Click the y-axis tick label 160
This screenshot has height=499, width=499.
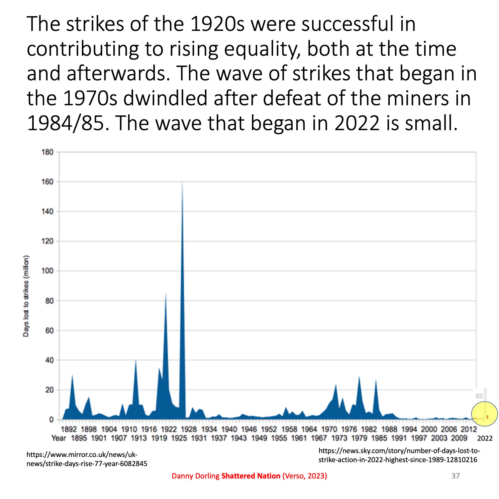point(47,182)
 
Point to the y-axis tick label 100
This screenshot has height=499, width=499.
point(47,271)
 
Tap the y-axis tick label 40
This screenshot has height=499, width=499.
point(49,360)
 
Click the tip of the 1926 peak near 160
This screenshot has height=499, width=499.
point(182,180)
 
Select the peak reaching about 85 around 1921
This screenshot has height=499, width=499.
point(166,293)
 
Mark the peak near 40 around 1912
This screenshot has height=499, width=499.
point(136,360)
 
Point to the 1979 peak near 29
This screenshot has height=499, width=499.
point(359,377)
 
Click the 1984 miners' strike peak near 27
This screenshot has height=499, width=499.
point(376,380)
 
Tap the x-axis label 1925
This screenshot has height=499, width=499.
point(179,438)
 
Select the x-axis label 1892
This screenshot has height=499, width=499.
point(69,429)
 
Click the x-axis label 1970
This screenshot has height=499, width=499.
point(329,429)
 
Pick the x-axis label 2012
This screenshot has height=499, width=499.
point(469,429)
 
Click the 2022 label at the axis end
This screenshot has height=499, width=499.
point(485,438)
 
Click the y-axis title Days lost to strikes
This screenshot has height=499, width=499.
point(26,296)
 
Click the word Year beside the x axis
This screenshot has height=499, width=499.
point(59,438)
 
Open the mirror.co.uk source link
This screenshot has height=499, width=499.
point(87,459)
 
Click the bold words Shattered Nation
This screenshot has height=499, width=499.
point(251,476)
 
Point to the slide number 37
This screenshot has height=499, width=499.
point(456,476)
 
